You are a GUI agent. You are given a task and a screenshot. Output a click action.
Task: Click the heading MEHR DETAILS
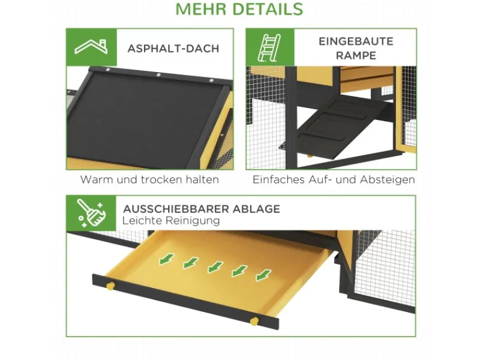239,10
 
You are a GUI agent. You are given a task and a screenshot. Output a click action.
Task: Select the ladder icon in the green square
269,47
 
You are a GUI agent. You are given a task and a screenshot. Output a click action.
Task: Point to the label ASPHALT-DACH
173,48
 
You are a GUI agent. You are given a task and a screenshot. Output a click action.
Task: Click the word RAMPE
356,55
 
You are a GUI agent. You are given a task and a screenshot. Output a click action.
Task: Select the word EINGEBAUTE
356,41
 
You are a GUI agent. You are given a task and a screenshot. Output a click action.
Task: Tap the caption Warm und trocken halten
149,179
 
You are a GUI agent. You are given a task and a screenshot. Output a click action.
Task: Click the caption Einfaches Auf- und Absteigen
334,179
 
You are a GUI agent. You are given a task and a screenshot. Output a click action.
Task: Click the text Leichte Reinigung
171,221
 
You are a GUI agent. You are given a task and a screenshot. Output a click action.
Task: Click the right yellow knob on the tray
254,321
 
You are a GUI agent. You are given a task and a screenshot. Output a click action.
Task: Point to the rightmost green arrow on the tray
262,275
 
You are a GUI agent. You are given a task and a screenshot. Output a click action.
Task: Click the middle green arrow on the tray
214,267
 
